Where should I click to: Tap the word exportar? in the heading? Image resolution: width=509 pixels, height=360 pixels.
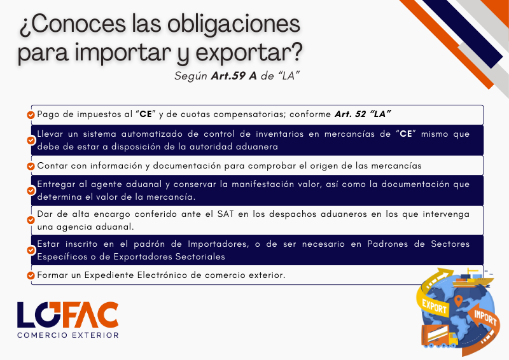(249, 53)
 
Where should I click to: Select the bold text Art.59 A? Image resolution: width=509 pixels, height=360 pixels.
(234, 76)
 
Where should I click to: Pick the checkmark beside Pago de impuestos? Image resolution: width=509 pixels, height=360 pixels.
(31, 115)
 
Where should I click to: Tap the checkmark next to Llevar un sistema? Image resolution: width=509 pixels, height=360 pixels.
(31, 140)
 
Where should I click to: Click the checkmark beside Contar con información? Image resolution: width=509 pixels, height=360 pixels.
(31, 166)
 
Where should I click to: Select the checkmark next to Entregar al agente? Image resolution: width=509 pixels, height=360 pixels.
(31, 191)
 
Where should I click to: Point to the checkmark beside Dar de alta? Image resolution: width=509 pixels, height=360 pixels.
(31, 220)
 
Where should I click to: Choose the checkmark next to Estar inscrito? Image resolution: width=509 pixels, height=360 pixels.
(31, 250)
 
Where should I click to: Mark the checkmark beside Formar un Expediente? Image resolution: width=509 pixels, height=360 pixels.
(31, 275)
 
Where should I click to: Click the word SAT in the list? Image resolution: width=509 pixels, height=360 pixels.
(225, 214)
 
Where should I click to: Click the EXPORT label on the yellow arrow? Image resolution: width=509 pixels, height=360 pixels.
(435, 306)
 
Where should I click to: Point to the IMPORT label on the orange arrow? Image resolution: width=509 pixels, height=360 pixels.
(485, 317)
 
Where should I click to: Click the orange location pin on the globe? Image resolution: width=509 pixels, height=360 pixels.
(458, 301)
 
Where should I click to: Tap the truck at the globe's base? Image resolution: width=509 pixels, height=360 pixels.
(440, 336)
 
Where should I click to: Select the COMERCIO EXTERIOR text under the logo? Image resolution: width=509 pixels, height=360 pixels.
(68, 335)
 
